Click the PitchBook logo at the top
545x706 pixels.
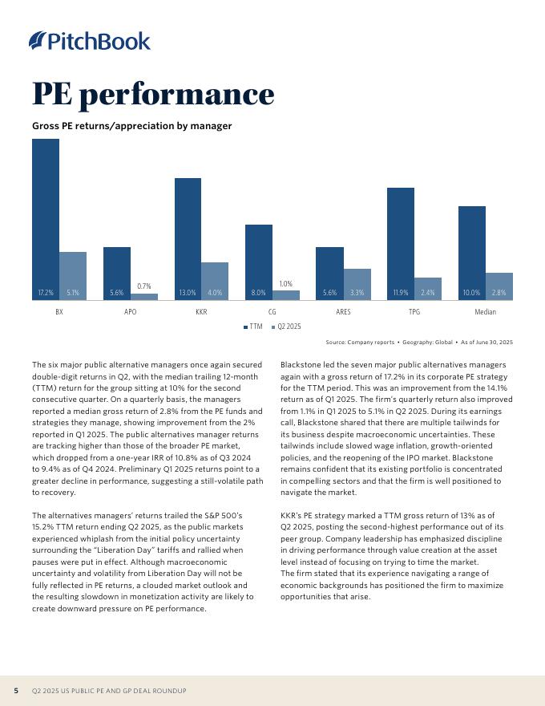point(89,40)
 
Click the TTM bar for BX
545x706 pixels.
point(46,217)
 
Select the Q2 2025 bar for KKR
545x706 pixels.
point(214,281)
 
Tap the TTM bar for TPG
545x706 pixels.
point(401,241)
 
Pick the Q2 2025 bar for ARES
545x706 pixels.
point(357,284)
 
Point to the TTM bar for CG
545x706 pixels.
point(259,261)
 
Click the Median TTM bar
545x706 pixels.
point(472,253)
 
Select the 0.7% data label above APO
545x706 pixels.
point(144,286)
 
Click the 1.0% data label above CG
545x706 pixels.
point(286,284)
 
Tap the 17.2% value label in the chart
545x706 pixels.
point(46,293)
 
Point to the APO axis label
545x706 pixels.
point(130,312)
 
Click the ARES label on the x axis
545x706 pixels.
point(343,312)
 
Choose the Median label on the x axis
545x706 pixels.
point(485,312)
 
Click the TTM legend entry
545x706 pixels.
point(252,327)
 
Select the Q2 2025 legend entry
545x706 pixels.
point(286,327)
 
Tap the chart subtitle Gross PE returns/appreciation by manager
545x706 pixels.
point(131,126)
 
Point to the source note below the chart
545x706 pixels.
point(419,343)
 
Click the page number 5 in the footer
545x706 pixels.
point(16,691)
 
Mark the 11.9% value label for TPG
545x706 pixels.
point(401,293)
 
